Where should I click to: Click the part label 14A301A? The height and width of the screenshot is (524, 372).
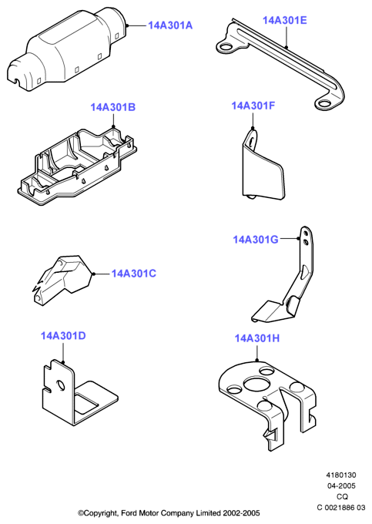click(x=170, y=25)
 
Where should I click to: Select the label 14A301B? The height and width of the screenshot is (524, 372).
click(x=113, y=107)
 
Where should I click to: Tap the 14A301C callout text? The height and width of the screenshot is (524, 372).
click(x=133, y=274)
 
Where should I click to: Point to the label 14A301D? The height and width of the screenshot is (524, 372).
click(x=63, y=335)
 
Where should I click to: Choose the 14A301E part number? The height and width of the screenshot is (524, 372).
click(x=284, y=20)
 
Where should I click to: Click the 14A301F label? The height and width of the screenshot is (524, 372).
click(x=253, y=106)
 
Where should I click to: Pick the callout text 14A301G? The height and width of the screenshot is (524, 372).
click(x=256, y=240)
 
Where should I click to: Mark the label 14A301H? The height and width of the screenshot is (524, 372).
click(x=256, y=338)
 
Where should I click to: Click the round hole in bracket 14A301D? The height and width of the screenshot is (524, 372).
click(x=61, y=385)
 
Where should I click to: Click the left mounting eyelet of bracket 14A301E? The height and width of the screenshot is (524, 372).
click(x=226, y=47)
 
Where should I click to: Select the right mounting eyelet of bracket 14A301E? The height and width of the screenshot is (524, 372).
click(x=323, y=103)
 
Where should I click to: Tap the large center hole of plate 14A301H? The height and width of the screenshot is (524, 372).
click(x=256, y=384)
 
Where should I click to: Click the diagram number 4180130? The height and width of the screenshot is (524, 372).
click(x=341, y=475)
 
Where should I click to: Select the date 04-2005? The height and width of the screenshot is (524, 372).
click(x=341, y=486)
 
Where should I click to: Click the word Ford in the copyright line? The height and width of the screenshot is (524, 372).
click(x=129, y=513)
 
